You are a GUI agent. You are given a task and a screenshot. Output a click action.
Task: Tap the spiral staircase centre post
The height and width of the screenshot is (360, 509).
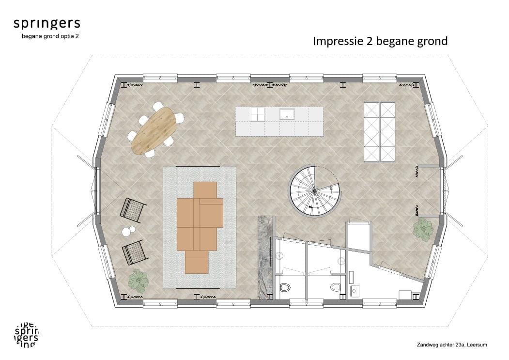(x=314, y=191)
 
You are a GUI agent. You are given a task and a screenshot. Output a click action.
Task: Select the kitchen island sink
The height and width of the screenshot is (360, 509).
(x=287, y=114)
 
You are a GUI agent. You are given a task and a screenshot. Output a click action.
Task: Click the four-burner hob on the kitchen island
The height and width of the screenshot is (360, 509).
(x=258, y=114)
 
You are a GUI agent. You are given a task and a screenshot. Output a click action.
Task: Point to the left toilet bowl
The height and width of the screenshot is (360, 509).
(x=285, y=287)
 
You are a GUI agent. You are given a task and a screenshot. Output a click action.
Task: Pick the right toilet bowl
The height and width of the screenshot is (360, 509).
(x=335, y=287)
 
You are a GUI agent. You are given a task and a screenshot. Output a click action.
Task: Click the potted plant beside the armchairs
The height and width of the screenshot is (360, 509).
(x=138, y=280)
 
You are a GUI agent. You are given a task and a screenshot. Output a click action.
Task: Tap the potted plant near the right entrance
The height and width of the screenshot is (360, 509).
(x=423, y=229)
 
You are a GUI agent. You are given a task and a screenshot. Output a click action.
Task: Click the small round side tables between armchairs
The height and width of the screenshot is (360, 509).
(x=128, y=231)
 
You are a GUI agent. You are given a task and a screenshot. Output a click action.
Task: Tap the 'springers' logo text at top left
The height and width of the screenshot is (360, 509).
(x=47, y=24)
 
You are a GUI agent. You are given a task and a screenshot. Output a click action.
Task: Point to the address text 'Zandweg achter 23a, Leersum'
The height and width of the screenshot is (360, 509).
(x=452, y=344)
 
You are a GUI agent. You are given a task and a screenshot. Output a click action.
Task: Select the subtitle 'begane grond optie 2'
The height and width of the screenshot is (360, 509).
(x=50, y=36)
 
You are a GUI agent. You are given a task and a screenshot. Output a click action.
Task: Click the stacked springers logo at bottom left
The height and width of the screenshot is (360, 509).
(x=27, y=335)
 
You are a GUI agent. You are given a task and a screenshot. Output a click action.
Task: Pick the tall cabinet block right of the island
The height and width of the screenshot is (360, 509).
(x=380, y=132)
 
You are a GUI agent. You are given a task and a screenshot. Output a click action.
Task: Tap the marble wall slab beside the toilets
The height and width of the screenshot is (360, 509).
(x=265, y=257)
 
